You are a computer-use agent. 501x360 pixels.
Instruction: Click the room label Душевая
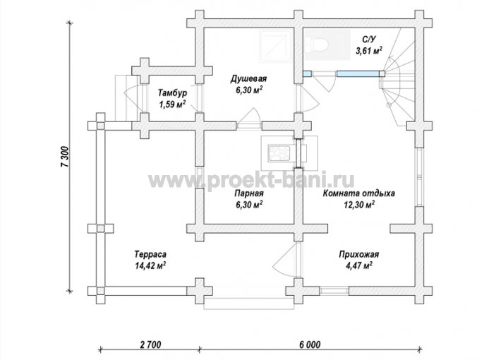point(248,78)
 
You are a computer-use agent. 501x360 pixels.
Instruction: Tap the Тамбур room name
point(173,93)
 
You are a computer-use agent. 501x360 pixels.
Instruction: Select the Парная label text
point(249,193)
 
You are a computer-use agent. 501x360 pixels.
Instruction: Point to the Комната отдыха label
point(359,193)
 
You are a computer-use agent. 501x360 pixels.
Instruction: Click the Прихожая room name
point(359,255)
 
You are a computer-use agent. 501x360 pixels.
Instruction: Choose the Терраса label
point(150,255)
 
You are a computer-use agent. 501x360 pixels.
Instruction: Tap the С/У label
point(369,39)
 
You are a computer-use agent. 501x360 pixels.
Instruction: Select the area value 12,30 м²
point(359,204)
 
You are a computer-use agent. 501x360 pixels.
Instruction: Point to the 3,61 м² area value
point(369,50)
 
